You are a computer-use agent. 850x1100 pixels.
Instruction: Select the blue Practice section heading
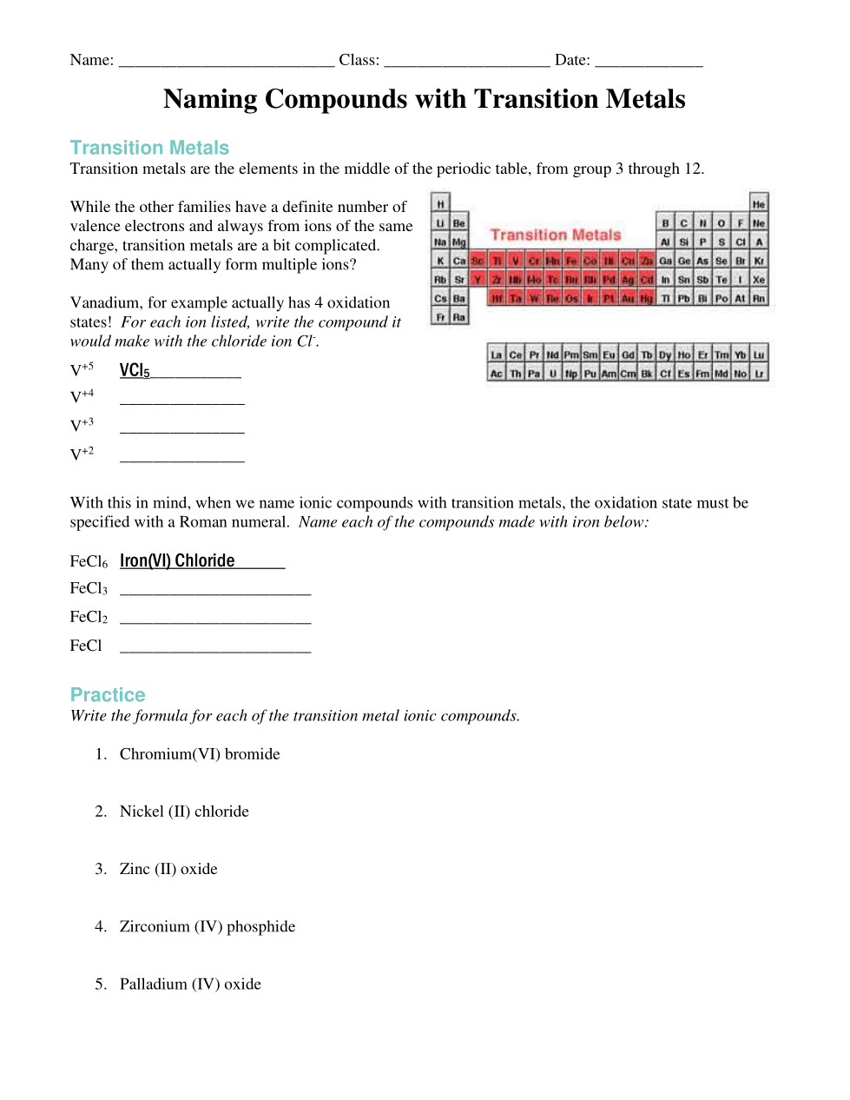(x=108, y=695)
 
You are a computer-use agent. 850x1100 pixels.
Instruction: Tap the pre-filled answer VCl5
(x=135, y=371)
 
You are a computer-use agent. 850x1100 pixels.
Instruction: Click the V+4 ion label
(x=82, y=397)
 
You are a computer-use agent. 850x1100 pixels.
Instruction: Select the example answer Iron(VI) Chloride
(x=177, y=561)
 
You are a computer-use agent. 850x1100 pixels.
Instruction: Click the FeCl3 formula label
(x=89, y=589)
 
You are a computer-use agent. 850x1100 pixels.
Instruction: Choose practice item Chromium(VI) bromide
(x=200, y=754)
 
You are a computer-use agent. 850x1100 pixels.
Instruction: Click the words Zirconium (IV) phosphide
(x=208, y=927)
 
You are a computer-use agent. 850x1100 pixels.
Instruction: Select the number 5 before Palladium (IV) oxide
(x=101, y=984)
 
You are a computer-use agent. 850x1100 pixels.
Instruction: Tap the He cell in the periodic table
(x=759, y=204)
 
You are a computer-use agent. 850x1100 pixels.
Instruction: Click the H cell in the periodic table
(x=440, y=204)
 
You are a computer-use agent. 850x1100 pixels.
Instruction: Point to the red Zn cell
(x=647, y=261)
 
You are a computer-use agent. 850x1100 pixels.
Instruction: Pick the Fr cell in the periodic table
(x=440, y=317)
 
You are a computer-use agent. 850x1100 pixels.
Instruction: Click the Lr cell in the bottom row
(x=759, y=374)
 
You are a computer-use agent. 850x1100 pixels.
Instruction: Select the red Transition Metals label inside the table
(x=556, y=235)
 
